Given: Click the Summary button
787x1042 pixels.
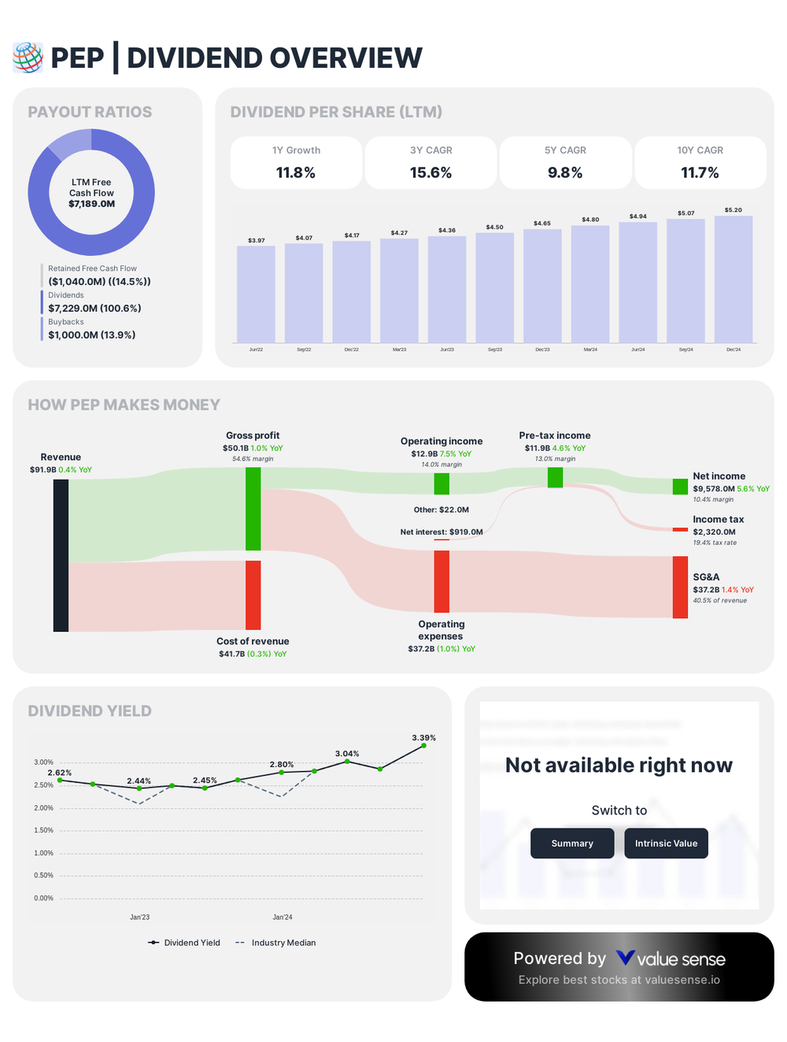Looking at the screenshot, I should click(572, 844).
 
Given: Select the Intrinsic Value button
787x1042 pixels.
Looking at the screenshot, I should click(666, 844).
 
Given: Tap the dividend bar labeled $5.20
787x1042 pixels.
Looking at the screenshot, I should click(733, 280).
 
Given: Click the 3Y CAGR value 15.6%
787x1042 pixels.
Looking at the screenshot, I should click(430, 172).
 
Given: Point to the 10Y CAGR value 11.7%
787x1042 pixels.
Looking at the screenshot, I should click(700, 172).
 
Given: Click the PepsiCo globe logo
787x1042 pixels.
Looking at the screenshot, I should click(28, 58).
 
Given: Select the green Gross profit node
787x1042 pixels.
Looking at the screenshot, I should click(253, 509).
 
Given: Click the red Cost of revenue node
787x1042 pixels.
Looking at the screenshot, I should click(253, 595).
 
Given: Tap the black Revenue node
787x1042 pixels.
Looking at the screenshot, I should click(61, 555).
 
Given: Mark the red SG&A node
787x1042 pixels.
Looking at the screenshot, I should click(680, 587).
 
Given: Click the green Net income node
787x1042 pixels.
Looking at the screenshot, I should click(680, 487).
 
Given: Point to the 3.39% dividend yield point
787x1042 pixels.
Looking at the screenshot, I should click(423, 745).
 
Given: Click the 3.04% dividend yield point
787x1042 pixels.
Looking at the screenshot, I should click(347, 761).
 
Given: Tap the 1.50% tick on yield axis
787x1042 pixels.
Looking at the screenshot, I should click(43, 830).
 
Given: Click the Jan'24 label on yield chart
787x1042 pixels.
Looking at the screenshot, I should click(283, 917).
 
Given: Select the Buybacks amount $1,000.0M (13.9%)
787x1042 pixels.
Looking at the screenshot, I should click(91, 335).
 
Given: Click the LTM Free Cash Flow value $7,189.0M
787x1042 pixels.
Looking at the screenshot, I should click(91, 204).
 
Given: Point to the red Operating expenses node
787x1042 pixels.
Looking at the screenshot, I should click(442, 581).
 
